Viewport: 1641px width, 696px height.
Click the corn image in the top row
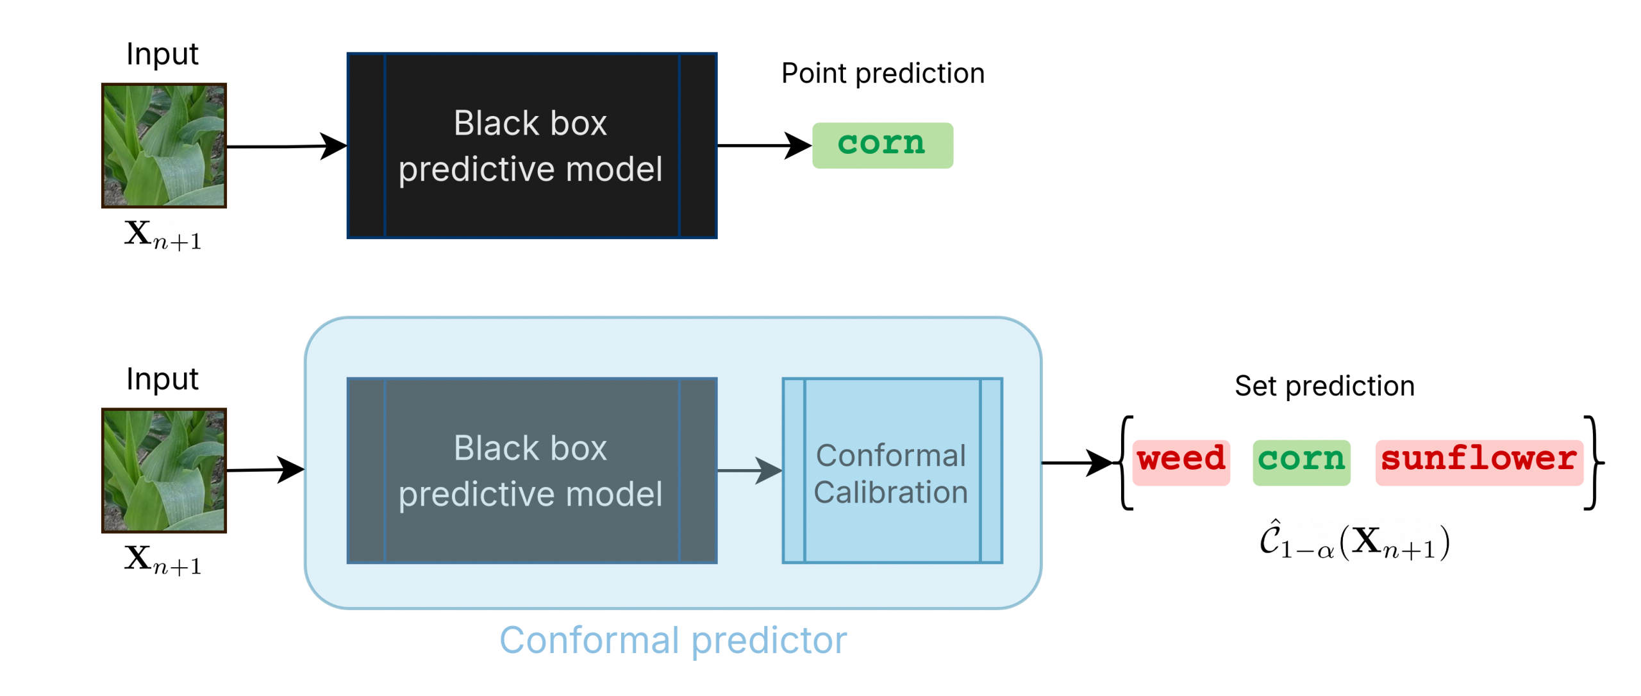[164, 145]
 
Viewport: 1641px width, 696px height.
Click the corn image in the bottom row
[164, 470]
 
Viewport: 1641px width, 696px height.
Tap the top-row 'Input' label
[162, 54]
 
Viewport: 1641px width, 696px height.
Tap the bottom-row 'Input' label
[162, 379]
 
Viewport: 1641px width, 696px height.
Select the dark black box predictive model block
[531, 145]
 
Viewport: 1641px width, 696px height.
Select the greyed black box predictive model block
[531, 470]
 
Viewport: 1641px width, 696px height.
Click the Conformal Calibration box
[892, 470]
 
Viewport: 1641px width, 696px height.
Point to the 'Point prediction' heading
[883, 74]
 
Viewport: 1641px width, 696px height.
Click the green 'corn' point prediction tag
[882, 145]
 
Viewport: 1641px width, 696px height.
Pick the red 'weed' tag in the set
[1181, 462]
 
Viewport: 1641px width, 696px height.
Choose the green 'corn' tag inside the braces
[1301, 462]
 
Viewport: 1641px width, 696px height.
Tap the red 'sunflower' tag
[1479, 462]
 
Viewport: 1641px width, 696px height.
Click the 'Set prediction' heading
[1324, 386]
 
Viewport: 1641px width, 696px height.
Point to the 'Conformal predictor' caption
[673, 640]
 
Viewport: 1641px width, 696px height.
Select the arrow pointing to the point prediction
[765, 145]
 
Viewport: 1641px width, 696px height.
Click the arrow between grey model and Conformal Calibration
[750, 470]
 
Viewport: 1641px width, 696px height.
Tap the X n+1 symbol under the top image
[163, 235]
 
